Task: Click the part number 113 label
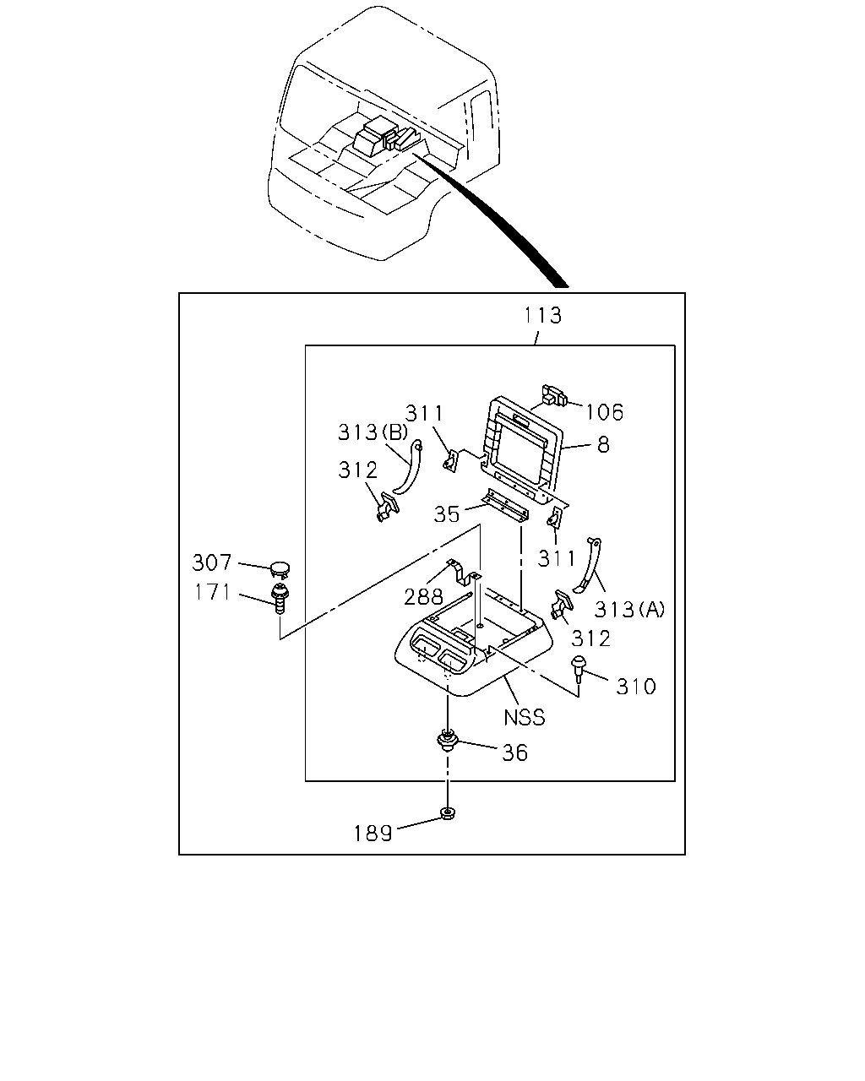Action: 542,316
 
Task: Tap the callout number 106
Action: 604,412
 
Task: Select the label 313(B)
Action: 373,432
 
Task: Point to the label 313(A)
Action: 630,609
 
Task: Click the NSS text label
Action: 525,717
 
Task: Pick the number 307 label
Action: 211,562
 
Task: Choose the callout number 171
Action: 213,592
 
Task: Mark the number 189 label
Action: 373,834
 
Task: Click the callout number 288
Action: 423,597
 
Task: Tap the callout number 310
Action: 636,686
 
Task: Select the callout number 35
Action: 446,514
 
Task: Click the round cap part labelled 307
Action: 280,569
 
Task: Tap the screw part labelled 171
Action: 280,600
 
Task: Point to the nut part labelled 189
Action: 447,812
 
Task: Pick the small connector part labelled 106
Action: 553,395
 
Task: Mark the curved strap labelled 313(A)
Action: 588,565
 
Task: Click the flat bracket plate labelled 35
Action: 504,507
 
